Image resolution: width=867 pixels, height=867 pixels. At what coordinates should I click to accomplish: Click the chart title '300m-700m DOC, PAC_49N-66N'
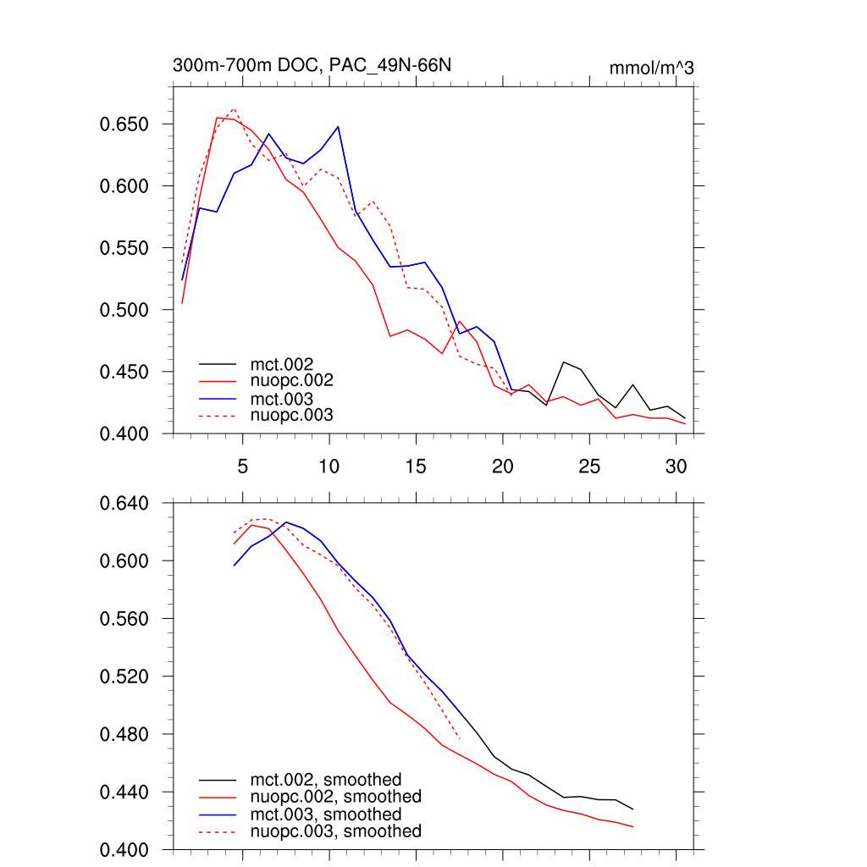pyautogui.click(x=318, y=65)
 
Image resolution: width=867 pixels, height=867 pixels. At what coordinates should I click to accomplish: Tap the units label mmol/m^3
pyautogui.click(x=651, y=68)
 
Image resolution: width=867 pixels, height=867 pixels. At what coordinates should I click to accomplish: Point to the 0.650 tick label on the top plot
pyautogui.click(x=125, y=124)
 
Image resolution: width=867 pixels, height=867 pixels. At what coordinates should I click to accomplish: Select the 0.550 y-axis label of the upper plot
pyautogui.click(x=125, y=248)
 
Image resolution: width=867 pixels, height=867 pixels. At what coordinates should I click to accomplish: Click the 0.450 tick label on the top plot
pyautogui.click(x=125, y=372)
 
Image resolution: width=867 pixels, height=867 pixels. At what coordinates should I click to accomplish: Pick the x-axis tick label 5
pyautogui.click(x=242, y=466)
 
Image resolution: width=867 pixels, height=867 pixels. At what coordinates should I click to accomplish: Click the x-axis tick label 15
pyautogui.click(x=416, y=466)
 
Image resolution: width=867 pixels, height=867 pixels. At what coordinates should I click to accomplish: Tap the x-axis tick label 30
pyautogui.click(x=676, y=466)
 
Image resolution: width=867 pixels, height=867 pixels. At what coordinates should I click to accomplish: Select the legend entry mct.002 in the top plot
pyautogui.click(x=287, y=364)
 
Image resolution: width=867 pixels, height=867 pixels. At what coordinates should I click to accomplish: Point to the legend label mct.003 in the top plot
pyautogui.click(x=287, y=398)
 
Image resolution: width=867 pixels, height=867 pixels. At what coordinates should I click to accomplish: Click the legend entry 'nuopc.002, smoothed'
pyautogui.click(x=335, y=797)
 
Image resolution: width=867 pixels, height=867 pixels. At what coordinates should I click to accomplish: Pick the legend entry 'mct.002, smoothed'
pyautogui.click(x=325, y=780)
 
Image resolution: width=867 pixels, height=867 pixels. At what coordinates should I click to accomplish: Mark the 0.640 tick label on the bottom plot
pyautogui.click(x=125, y=504)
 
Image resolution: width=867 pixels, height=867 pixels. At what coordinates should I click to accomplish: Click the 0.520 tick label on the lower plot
pyautogui.click(x=125, y=676)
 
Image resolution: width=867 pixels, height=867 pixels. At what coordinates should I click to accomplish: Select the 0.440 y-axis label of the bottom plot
pyautogui.click(x=125, y=792)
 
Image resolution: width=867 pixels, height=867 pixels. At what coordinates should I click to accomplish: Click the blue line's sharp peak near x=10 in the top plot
pyautogui.click(x=338, y=127)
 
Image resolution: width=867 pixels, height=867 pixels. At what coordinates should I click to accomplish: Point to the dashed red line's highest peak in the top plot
pyautogui.click(x=234, y=109)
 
